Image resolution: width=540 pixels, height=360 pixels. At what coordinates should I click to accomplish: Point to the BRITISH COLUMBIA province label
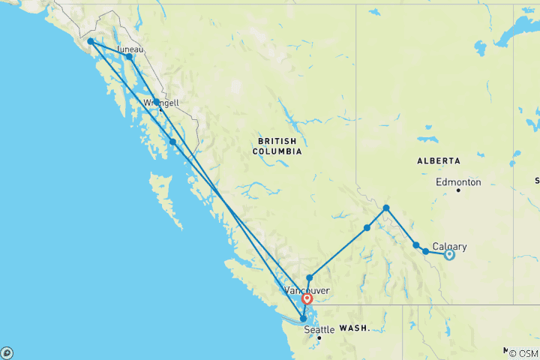click(279, 146)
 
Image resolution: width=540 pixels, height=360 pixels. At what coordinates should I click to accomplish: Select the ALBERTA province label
click(439, 161)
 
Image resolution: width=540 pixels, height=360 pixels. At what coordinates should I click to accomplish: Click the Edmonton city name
click(458, 182)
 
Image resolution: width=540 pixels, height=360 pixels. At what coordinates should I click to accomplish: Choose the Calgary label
click(450, 246)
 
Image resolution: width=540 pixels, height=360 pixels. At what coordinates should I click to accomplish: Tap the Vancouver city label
click(306, 289)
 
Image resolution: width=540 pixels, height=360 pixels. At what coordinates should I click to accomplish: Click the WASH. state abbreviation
click(353, 328)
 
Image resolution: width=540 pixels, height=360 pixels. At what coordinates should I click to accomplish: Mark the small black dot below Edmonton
click(458, 190)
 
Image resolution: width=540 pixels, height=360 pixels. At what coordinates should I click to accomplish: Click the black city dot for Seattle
click(319, 338)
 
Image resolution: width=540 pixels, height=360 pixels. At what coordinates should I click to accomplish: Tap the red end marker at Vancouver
click(307, 299)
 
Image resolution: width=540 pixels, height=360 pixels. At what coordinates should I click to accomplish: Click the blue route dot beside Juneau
click(129, 57)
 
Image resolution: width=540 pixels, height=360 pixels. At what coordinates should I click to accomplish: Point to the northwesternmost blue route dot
click(90, 42)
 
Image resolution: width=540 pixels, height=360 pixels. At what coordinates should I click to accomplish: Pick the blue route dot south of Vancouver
click(303, 319)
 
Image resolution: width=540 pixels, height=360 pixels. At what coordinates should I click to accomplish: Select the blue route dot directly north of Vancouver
click(309, 278)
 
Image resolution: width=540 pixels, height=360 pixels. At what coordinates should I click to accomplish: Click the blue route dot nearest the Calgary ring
click(425, 251)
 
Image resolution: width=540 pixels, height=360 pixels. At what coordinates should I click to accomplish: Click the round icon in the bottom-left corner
click(6, 352)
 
